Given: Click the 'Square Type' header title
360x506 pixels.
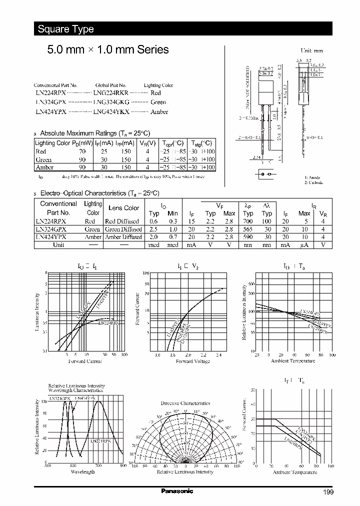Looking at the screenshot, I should [65, 29].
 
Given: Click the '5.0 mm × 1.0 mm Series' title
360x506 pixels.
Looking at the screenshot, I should [107, 50].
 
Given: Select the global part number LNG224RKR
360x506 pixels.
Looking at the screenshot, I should [111, 93].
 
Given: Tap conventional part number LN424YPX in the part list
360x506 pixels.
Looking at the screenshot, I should [50, 112].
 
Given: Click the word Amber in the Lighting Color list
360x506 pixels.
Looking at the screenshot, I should [159, 112].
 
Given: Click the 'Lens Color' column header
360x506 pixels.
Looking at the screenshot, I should [124, 208].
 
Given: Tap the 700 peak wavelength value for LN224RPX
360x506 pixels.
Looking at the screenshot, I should [248, 221].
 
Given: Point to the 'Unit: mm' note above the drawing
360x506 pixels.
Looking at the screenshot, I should [311, 51].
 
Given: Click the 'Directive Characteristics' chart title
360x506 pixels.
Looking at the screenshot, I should [185, 403].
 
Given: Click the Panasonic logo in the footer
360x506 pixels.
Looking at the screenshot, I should [177, 491].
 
